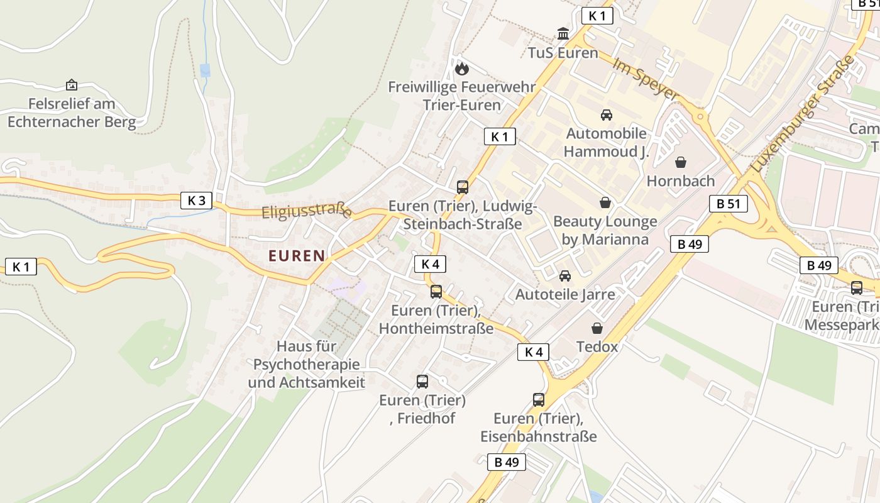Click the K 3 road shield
point(196,201)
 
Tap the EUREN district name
point(297,256)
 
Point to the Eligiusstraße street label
point(306,211)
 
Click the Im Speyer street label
point(646,80)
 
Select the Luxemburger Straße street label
point(803,116)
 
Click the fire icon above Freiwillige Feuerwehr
point(462,68)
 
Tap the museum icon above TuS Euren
point(563,33)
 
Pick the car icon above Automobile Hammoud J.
point(606,115)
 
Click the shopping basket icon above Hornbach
point(680,163)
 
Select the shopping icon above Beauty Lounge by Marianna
point(605,202)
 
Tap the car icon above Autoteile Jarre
point(565,275)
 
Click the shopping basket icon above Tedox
point(597,328)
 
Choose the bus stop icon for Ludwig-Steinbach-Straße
point(463,187)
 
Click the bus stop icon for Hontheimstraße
point(436,292)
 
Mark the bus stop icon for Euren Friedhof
point(422,381)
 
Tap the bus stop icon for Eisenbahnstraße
point(539,399)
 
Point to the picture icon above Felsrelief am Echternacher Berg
point(72,84)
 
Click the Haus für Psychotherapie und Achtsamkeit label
point(306,364)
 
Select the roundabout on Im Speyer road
point(699,116)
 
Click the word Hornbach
point(681,181)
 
